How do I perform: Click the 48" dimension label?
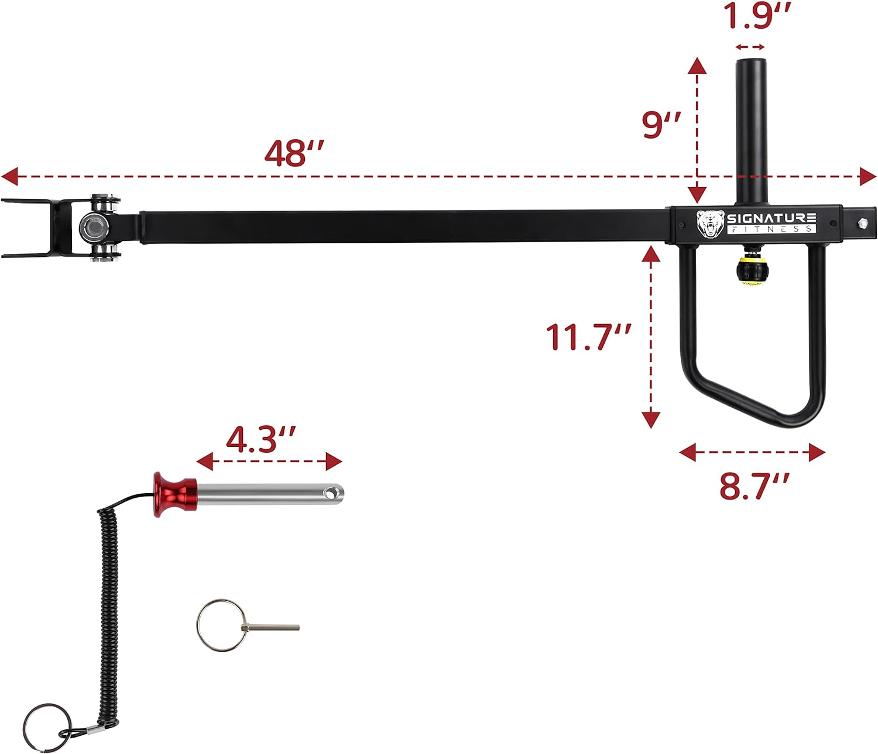(293, 153)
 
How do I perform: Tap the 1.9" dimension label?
(757, 16)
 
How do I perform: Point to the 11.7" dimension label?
(588, 338)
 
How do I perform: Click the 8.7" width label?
(754, 486)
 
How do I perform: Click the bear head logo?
(710, 224)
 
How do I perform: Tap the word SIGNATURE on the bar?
(771, 218)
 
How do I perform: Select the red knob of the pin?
(174, 494)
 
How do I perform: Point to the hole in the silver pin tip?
(332, 494)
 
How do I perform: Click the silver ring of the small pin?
(220, 624)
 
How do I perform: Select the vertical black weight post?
(751, 129)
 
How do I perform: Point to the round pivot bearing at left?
(92, 226)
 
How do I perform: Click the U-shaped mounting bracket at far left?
(35, 228)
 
